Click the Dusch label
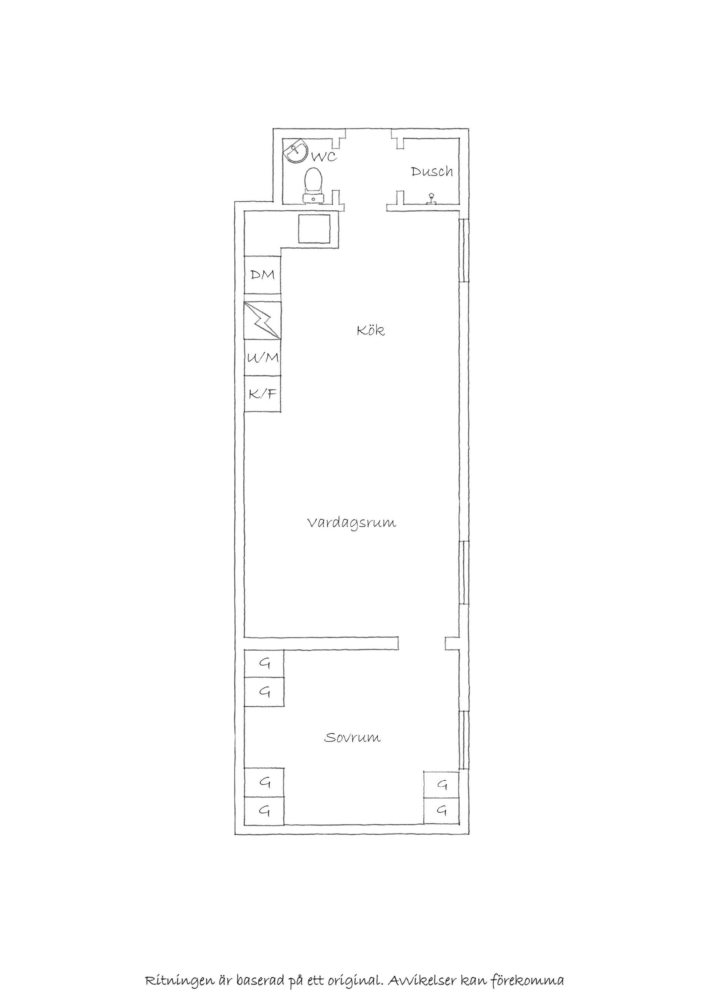[x=432, y=172]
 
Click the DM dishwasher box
[x=262, y=275]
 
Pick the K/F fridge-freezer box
[x=262, y=394]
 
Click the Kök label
[x=371, y=330]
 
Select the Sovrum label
[x=353, y=737]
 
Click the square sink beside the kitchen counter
[x=314, y=229]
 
